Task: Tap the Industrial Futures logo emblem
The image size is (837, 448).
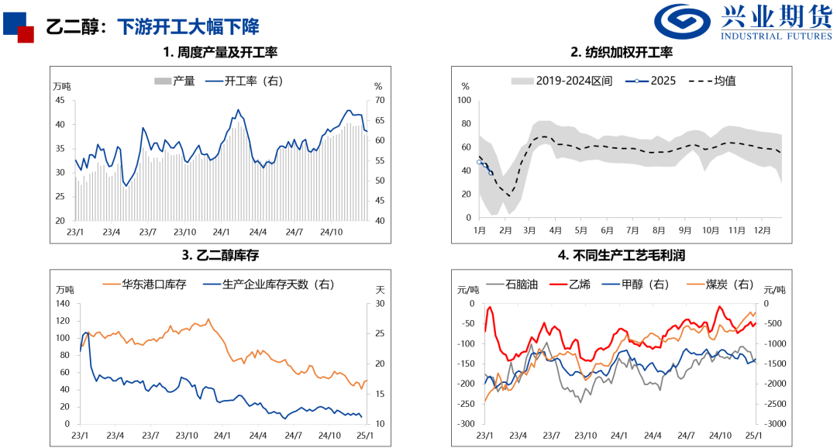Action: tap(683, 23)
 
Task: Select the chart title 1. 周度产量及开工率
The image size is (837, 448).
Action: tap(220, 53)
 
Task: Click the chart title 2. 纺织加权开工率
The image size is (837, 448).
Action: tap(621, 53)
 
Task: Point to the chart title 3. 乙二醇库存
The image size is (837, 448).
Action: tap(220, 254)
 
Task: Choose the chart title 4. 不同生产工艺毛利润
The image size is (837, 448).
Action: tap(621, 254)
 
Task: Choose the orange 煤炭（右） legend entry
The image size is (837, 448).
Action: tap(724, 284)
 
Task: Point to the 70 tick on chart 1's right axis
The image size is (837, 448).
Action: tap(380, 100)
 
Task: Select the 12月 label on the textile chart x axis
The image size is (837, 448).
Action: tap(763, 231)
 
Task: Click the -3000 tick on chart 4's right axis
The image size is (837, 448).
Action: tap(775, 424)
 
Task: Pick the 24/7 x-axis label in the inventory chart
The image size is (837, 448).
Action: tap(294, 435)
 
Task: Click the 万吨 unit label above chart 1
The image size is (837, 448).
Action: tap(61, 86)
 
